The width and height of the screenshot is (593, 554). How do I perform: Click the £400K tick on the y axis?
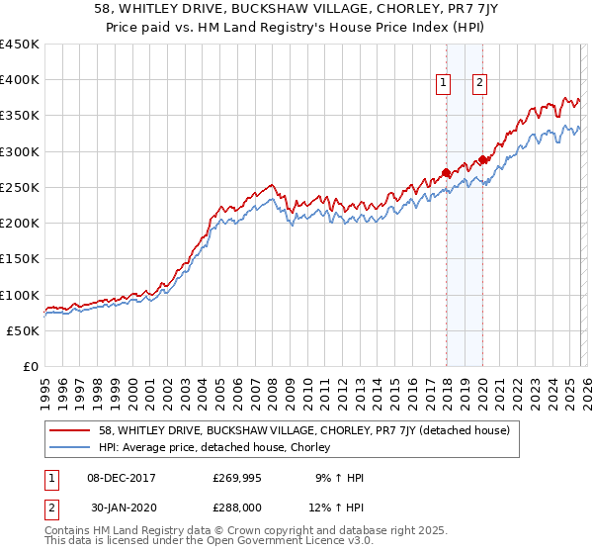point(20,80)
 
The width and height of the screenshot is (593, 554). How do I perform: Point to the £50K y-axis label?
point(24,330)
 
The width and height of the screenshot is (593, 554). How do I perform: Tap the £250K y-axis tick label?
point(20,187)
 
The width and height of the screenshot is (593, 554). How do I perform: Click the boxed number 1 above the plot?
point(443,84)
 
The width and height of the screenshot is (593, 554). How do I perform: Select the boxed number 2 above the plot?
point(479,84)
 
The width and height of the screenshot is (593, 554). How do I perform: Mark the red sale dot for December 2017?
point(446,173)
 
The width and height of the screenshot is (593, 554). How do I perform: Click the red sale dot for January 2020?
point(483,160)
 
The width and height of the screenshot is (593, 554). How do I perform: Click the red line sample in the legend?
point(71,430)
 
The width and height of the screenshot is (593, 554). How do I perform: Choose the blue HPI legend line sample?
point(71,447)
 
